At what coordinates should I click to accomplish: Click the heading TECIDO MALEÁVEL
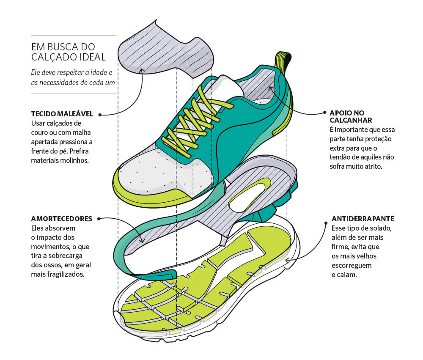[62, 114]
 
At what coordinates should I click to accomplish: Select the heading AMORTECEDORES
[62, 219]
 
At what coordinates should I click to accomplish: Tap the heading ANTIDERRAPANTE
[363, 219]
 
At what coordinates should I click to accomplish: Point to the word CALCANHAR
[351, 121]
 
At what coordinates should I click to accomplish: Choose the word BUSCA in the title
[63, 47]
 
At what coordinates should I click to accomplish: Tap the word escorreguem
[352, 266]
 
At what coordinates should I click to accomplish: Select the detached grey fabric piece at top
[165, 50]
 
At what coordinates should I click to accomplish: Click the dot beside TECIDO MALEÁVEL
[100, 115]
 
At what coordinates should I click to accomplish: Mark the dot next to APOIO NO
[325, 112]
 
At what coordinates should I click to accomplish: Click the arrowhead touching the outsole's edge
[288, 260]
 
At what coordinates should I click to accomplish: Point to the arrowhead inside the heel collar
[271, 88]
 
